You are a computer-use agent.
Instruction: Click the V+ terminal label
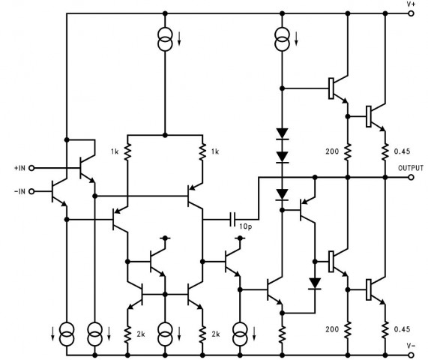click(411, 4)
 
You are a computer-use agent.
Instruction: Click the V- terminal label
click(411, 346)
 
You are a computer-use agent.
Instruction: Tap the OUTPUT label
click(411, 168)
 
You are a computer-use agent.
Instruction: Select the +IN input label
click(19, 168)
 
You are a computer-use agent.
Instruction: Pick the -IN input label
click(19, 191)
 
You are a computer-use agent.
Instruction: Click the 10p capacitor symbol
click(232, 219)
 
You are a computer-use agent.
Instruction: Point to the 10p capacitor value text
click(246, 226)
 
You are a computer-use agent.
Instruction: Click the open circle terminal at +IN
click(31, 168)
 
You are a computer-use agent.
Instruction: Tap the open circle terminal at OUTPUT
click(411, 178)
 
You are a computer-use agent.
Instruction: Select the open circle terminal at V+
click(411, 13)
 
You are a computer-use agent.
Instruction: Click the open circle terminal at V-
click(411, 355)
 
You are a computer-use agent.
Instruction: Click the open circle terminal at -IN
click(31, 191)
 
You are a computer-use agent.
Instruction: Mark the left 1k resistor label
click(115, 151)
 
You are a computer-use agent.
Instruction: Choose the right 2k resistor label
click(216, 334)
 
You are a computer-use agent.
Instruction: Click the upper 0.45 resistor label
click(402, 151)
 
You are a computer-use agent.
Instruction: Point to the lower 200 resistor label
click(332, 329)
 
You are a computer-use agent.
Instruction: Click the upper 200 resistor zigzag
click(348, 152)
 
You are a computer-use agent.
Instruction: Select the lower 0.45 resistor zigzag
click(385, 330)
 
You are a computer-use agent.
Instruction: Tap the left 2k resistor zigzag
click(127, 334)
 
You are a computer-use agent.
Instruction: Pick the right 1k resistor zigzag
click(202, 152)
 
